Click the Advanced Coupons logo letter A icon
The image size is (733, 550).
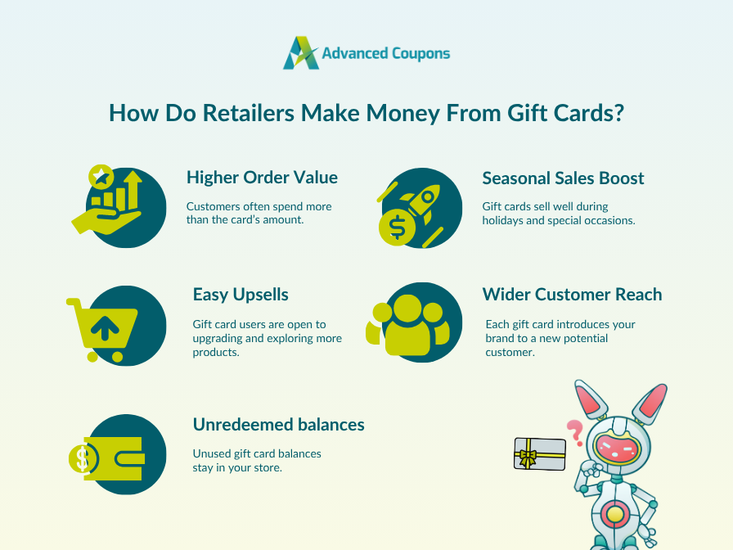299,53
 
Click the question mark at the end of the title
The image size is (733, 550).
618,113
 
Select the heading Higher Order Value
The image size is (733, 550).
262,178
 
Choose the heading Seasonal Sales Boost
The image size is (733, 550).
563,178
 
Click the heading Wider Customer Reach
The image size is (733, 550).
572,294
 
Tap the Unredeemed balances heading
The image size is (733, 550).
278,424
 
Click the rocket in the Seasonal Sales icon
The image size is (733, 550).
420,202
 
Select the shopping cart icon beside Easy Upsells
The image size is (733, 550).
103,324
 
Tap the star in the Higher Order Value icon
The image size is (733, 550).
101,174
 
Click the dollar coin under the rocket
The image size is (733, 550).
397,229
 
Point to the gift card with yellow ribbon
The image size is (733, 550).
540,453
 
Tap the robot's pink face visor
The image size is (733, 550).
617,446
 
